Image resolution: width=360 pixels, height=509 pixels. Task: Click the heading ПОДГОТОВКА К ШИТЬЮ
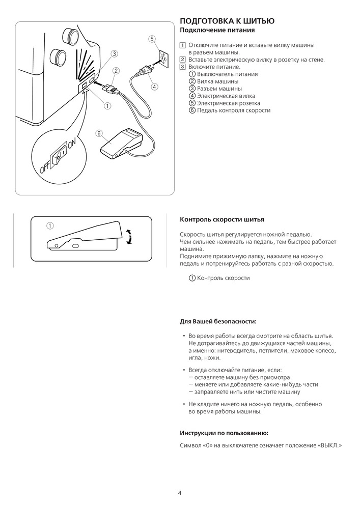click(x=228, y=21)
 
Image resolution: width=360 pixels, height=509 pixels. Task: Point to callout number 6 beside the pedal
click(x=99, y=133)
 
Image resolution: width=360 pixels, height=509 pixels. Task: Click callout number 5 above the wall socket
click(x=151, y=39)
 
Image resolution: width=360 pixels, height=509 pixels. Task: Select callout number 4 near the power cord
click(x=154, y=87)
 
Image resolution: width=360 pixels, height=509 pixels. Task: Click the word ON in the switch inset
click(x=71, y=148)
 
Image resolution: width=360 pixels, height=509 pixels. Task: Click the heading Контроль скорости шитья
click(x=222, y=220)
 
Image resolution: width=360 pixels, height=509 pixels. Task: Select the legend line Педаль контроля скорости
click(x=230, y=110)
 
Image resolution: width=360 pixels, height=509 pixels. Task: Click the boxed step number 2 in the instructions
click(x=183, y=60)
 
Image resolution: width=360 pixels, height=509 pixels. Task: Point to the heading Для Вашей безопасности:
click(x=218, y=322)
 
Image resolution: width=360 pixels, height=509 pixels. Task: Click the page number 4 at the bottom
click(x=180, y=493)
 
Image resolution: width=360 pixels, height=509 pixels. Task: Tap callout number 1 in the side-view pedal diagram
click(x=50, y=224)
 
